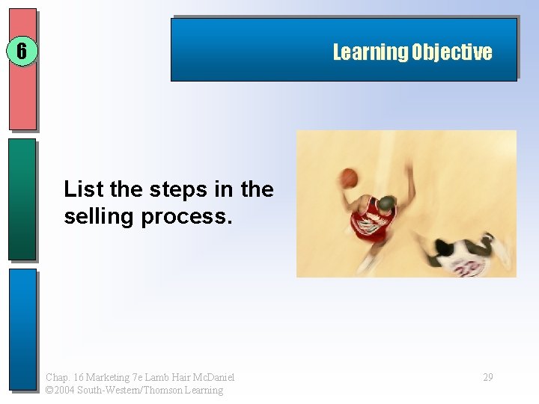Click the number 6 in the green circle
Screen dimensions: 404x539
tap(22, 52)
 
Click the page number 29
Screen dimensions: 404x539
tap(487, 377)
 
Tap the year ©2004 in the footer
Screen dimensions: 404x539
tap(61, 390)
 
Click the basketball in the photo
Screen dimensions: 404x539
tap(349, 178)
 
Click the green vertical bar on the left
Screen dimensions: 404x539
tap(22, 198)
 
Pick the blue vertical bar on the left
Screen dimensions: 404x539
tap(22, 329)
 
